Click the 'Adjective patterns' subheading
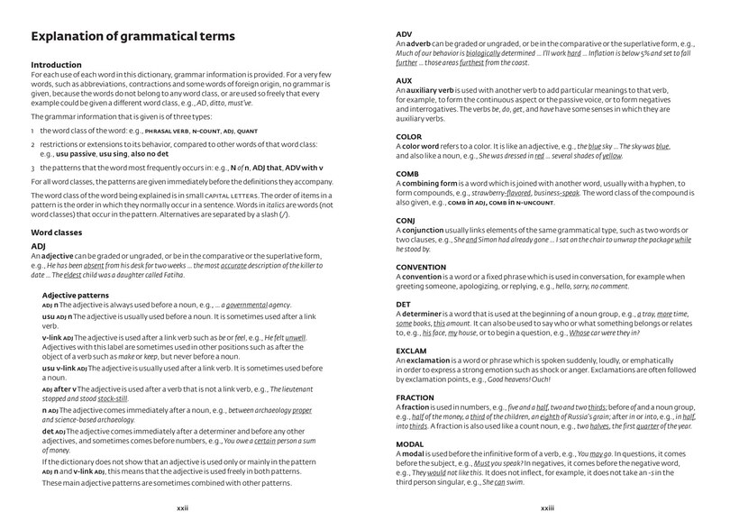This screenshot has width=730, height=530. click(x=76, y=295)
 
